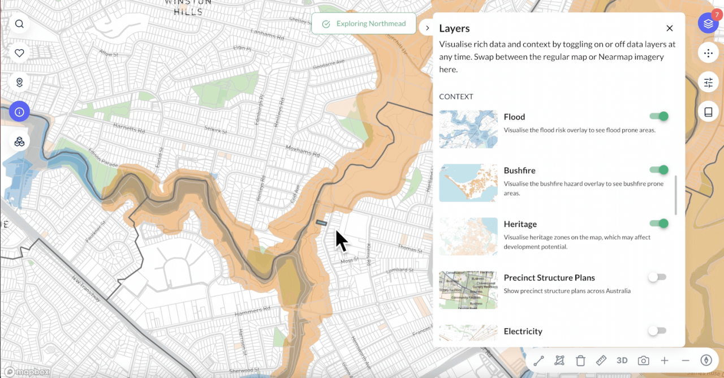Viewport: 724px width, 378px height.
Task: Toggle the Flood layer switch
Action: point(659,117)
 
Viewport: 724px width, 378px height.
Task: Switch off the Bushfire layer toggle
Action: point(659,170)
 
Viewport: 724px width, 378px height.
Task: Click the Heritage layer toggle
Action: point(659,224)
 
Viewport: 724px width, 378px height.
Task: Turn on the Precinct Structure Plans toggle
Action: point(657,277)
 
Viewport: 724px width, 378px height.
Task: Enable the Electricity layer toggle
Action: point(657,330)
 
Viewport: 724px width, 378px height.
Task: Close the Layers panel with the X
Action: point(670,28)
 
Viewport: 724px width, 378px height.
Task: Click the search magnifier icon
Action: point(19,24)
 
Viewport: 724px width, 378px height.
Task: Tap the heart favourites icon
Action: point(19,53)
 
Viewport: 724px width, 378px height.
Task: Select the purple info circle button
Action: point(19,112)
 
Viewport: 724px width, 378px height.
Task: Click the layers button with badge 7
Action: point(708,23)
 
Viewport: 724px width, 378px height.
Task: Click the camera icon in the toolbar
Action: point(643,360)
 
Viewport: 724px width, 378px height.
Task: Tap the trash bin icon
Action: point(580,360)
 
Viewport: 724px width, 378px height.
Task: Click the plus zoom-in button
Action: point(665,360)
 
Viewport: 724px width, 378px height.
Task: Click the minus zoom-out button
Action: point(686,360)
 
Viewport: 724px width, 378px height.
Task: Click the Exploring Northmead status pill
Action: point(364,24)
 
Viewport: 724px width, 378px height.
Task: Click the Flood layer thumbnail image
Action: point(468,129)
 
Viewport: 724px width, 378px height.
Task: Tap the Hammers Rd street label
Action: point(249,311)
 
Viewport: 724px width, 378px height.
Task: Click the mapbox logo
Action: point(27,372)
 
